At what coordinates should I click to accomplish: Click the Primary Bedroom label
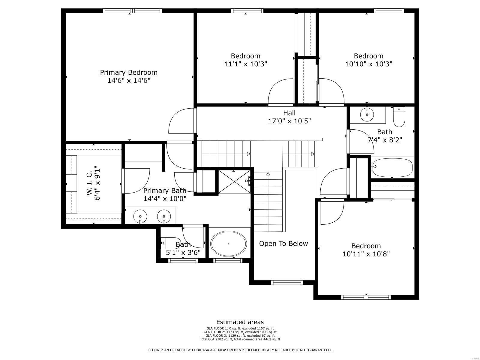coord(129,72)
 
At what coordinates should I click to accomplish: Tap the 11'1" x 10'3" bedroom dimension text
coord(245,64)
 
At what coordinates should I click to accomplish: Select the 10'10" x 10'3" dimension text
coord(368,64)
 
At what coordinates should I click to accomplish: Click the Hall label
coord(289,113)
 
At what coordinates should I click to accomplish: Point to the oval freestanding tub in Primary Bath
coord(229,244)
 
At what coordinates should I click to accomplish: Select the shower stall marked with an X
coord(234,181)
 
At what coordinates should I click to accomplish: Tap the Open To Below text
coord(283,244)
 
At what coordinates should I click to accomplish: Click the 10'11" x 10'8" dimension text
coord(366,254)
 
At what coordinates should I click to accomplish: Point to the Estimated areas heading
coord(240,322)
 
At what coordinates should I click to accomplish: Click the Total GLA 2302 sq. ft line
coord(240,339)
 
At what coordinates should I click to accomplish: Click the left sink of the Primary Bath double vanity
coord(140,216)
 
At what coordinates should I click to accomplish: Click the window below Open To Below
coord(287,282)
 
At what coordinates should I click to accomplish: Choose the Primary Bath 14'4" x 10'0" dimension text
coord(165,198)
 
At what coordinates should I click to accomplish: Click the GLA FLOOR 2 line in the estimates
coord(240,332)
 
